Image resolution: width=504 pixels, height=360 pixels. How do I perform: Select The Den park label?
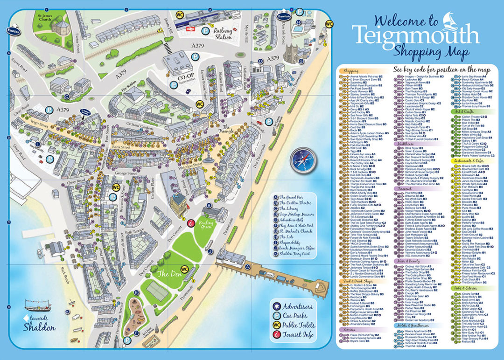[x=167, y=274]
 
